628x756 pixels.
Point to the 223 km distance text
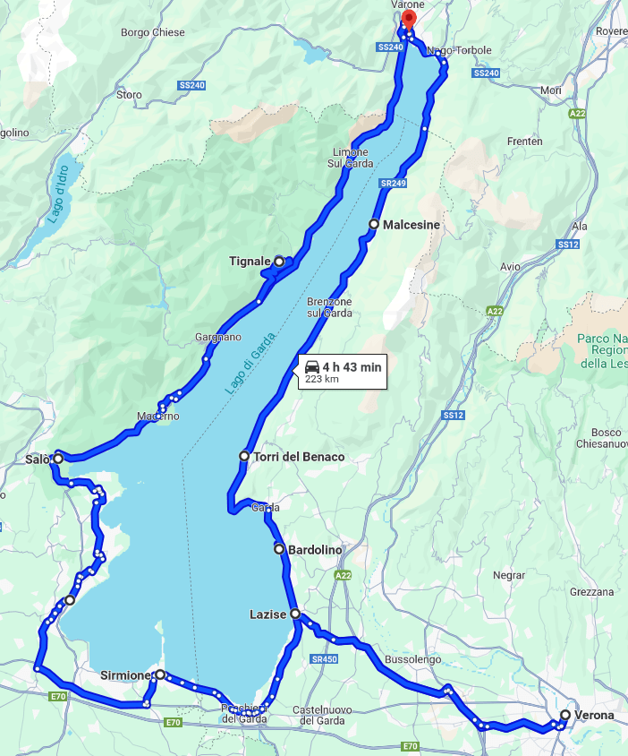click(322, 380)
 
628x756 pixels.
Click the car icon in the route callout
click(312, 366)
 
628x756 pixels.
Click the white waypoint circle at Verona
click(564, 715)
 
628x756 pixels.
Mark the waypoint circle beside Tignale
click(279, 261)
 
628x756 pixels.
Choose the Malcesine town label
click(412, 225)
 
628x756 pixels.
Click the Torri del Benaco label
click(299, 457)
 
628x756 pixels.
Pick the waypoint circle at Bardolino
click(279, 549)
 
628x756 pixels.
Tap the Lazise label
click(268, 614)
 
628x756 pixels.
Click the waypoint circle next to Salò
click(58, 459)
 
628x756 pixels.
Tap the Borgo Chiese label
click(153, 33)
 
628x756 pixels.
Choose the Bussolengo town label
click(413, 659)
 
